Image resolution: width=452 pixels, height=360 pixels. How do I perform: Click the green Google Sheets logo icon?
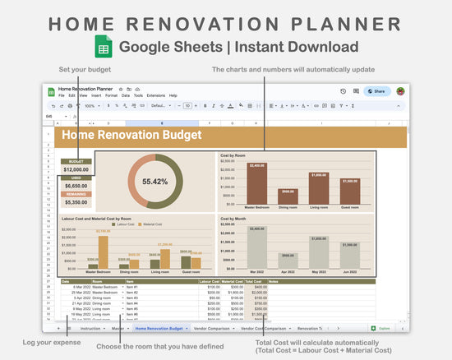pyautogui.click(x=104, y=47)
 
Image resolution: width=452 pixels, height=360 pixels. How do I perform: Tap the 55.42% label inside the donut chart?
pyautogui.click(x=155, y=181)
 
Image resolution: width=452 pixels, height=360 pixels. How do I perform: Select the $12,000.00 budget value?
pyautogui.click(x=76, y=169)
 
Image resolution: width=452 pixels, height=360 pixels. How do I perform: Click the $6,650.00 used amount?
pyautogui.click(x=76, y=186)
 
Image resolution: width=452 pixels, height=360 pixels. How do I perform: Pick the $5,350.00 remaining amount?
pyautogui.click(x=76, y=201)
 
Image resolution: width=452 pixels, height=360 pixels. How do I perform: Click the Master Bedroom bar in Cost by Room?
pyautogui.click(x=257, y=184)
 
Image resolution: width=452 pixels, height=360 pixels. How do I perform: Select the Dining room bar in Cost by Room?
pyautogui.click(x=288, y=197)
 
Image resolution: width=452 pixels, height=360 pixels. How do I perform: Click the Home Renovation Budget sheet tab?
pyautogui.click(x=159, y=328)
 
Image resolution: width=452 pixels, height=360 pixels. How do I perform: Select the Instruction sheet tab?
pyautogui.click(x=91, y=328)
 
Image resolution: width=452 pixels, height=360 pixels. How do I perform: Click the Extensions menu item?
pyautogui.click(x=156, y=95)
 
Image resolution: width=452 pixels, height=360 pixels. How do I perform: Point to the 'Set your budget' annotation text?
pyautogui.click(x=80, y=69)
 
